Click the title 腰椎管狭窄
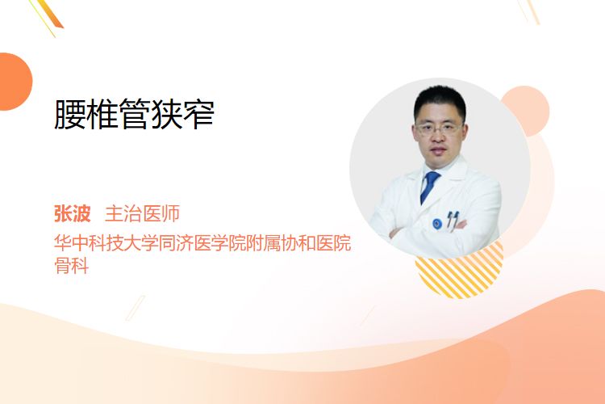coord(134,114)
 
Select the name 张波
coord(72,213)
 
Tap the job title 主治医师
coord(142,213)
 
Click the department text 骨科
coord(72,265)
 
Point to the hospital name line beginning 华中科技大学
coord(202,242)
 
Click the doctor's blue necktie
coord(429,187)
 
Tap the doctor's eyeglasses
coord(438,128)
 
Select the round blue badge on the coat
coord(437,224)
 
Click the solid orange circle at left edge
coord(15,82)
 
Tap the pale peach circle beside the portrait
coord(529,110)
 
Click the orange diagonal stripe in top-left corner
coord(49,15)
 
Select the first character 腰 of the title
coord(70,114)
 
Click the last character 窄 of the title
coord(198,114)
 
